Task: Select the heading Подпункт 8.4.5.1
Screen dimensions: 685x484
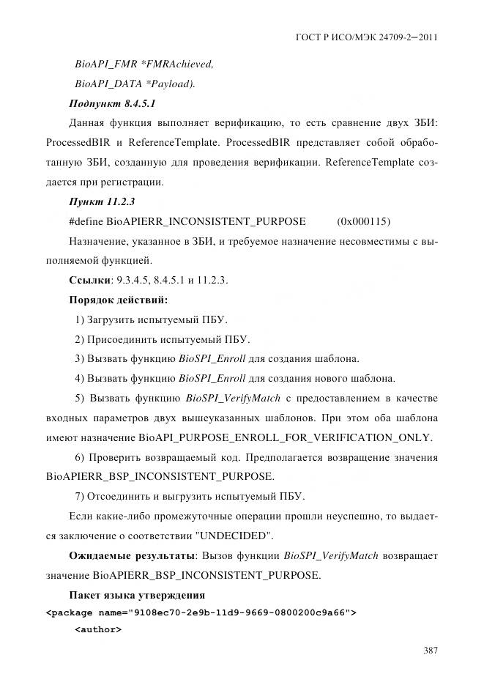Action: pos(112,103)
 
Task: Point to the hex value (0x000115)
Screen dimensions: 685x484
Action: pos(364,221)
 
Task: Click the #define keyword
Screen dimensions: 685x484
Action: pos(86,221)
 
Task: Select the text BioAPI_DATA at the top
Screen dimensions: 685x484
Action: pos(101,84)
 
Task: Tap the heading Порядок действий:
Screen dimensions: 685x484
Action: pos(118,300)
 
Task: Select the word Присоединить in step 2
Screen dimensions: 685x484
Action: pos(122,340)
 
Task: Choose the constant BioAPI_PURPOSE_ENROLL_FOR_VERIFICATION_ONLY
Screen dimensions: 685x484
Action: pos(285,438)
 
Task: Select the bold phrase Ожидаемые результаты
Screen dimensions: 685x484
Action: pos(133,556)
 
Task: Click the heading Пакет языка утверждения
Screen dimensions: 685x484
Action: pos(136,594)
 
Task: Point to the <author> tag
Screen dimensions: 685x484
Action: pos(98,629)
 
